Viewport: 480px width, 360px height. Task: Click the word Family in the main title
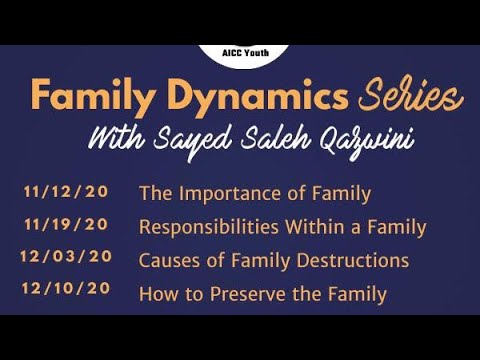(87, 97)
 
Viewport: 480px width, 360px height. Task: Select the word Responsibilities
(204, 227)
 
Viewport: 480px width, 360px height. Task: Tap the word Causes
(166, 261)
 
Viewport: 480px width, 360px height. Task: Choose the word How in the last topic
(157, 294)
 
